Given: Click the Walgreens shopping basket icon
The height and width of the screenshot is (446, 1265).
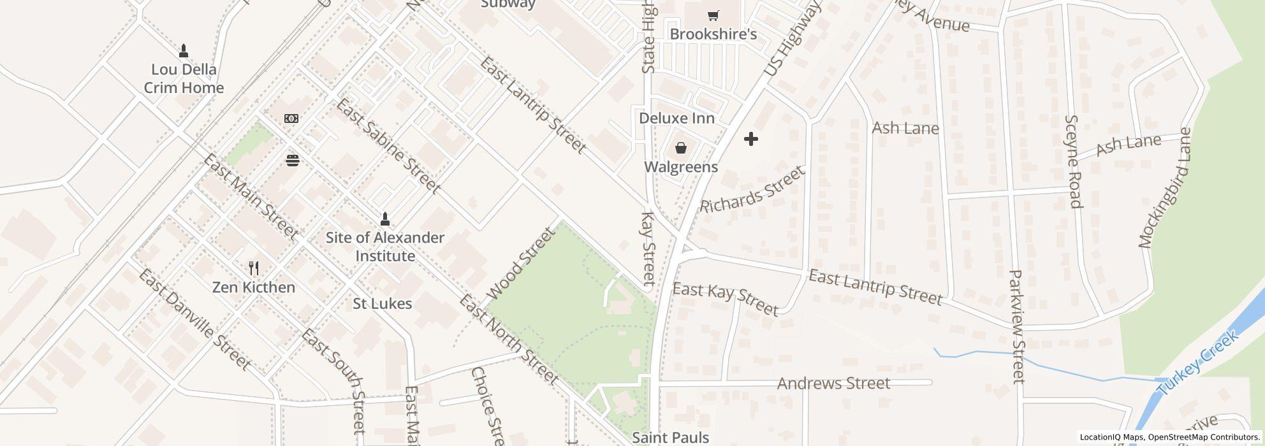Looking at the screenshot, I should point(681,148).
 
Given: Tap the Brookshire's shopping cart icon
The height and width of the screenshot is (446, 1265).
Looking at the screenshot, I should point(713,15).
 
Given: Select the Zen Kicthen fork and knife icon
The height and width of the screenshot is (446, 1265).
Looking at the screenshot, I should point(254,268).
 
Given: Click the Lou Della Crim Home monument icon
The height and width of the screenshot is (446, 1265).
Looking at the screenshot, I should point(184,50).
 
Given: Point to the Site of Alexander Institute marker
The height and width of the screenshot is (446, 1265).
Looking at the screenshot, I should point(384,219).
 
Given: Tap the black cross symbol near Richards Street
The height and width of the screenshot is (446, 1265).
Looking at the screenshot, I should point(751,138).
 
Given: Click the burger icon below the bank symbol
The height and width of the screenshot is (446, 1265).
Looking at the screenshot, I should point(293,161).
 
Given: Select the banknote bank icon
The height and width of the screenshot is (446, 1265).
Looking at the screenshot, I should point(291,119).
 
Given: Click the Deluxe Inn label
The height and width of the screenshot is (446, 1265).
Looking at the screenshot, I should point(676,119).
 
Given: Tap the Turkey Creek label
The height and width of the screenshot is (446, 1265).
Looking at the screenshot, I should point(1198,363).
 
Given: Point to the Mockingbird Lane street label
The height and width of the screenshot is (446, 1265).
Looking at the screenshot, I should point(1165,188).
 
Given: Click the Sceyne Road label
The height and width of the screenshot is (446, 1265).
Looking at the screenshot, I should point(1074,162).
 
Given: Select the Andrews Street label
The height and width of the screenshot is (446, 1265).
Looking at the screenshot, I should point(833,384).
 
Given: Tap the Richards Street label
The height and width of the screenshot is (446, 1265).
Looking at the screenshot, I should point(752,190).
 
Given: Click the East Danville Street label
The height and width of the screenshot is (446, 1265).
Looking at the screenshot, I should point(194,320).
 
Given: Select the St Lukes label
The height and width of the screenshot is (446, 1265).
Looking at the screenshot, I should point(383,304).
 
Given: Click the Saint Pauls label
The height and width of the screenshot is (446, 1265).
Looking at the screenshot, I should point(670,438).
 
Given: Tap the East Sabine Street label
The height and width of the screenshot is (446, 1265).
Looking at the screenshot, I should point(388,147).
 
